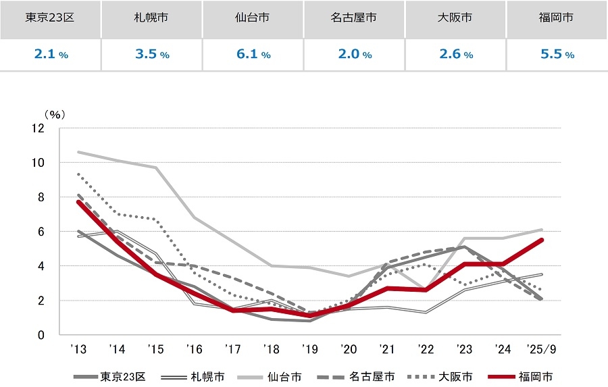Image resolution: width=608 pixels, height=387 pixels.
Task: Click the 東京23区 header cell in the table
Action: click(51, 18)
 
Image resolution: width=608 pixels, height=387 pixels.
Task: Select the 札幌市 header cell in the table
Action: click(152, 18)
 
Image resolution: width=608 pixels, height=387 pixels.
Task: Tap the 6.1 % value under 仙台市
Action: click(253, 55)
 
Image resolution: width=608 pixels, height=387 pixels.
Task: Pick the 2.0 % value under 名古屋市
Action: click(354, 55)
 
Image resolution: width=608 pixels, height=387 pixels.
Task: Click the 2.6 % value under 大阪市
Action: click(455, 55)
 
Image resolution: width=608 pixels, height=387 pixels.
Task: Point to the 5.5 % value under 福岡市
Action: click(557, 55)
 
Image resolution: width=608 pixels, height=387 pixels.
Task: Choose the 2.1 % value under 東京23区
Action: click(51, 55)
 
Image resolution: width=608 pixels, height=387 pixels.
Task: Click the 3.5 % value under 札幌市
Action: click(152, 55)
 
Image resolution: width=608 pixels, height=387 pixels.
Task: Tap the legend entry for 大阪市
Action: click(442, 377)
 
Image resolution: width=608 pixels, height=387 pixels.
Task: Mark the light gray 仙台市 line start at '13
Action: click(79, 152)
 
